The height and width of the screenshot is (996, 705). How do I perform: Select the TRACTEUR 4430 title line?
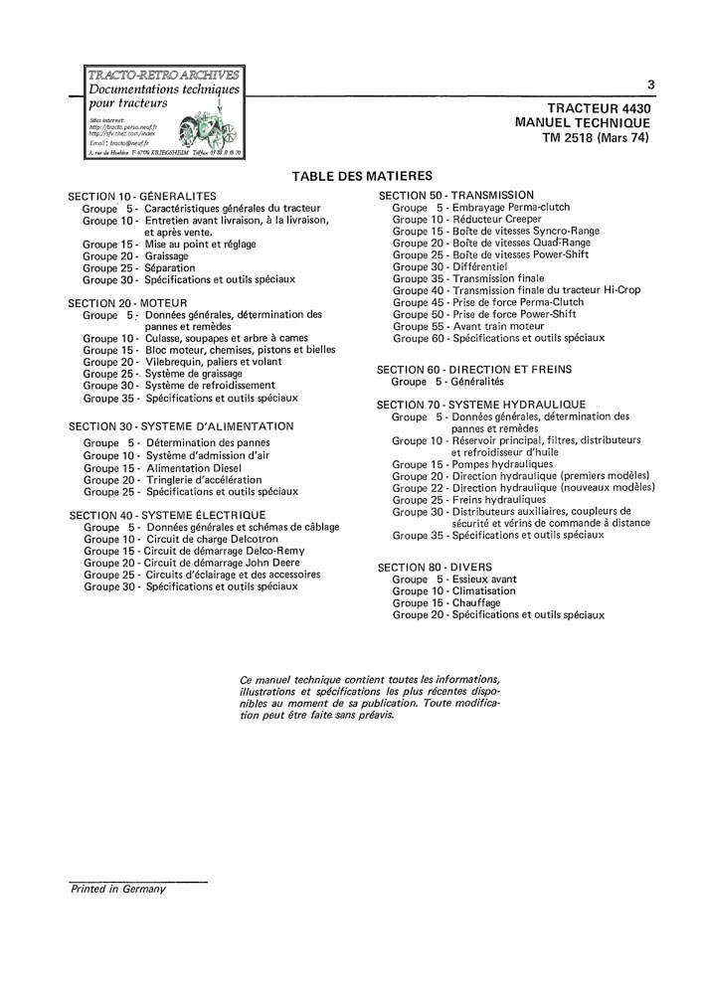599,107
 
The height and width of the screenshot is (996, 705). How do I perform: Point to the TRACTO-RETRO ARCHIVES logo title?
164,74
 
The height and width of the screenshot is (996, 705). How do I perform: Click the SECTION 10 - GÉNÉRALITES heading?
142,195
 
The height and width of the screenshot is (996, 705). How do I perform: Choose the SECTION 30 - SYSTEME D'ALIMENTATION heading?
181,425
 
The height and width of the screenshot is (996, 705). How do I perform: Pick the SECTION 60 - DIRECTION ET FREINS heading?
474,369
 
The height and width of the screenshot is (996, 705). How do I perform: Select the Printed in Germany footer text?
117,889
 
